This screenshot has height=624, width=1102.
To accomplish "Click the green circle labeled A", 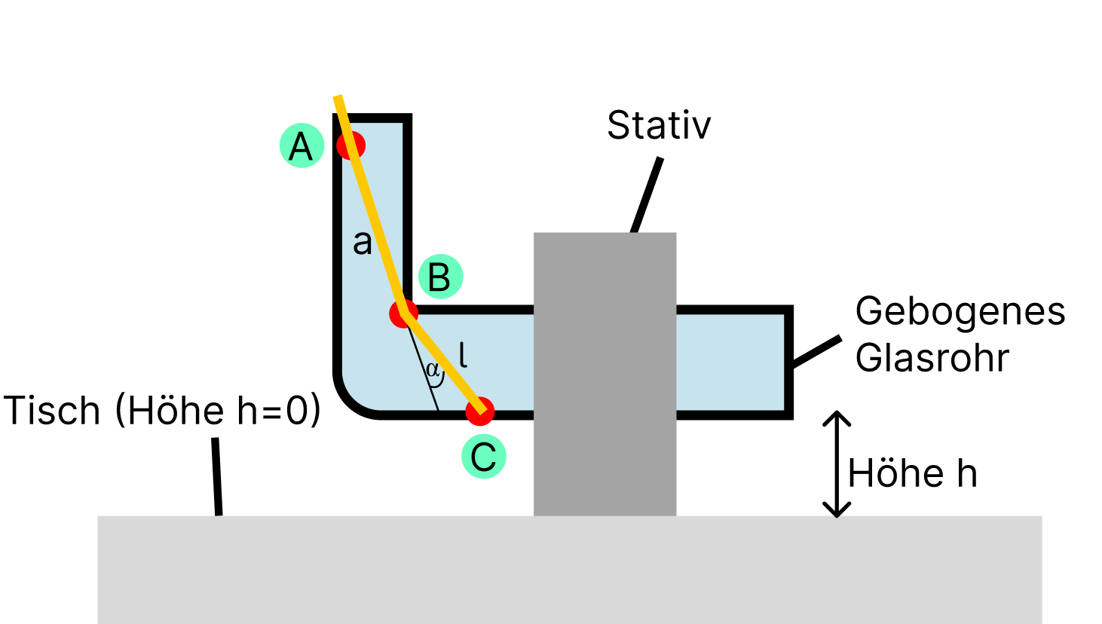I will tap(302, 145).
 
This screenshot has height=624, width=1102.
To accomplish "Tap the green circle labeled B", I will tap(440, 277).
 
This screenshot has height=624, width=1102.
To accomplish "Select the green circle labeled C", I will tap(483, 457).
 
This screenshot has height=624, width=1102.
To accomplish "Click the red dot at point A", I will tap(350, 145).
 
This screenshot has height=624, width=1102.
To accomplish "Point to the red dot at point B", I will tap(403, 313).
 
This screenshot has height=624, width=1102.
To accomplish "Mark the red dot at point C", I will tap(480, 411).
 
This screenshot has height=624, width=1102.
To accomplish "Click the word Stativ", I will tap(659, 125).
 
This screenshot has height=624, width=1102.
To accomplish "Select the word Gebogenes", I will tap(960, 311).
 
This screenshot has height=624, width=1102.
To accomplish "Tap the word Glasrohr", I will tap(932, 357).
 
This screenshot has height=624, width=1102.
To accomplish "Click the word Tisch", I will tap(52, 411).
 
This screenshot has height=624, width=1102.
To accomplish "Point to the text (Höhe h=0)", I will tap(219, 411).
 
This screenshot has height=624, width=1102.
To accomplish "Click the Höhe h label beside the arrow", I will tap(912, 474).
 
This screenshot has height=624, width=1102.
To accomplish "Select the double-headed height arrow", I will tap(837, 463).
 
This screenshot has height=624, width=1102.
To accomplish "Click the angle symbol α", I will tap(432, 370).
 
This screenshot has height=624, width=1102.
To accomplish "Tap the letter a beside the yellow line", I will tap(363, 243).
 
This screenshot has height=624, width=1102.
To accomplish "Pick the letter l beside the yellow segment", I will tap(463, 354).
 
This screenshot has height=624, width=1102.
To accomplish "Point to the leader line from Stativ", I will tap(647, 194).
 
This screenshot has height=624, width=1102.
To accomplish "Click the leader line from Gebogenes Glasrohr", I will tap(816, 352).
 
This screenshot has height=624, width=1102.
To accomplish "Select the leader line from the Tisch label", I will tap(217, 476).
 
